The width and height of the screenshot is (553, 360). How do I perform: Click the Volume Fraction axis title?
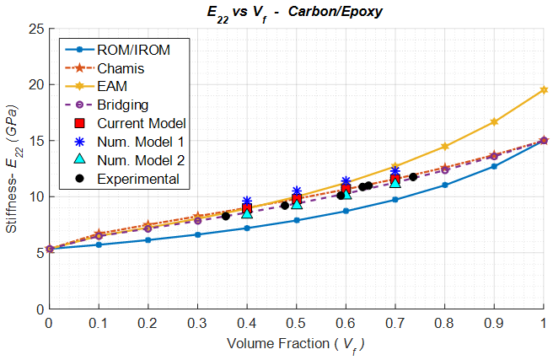click(x=296, y=344)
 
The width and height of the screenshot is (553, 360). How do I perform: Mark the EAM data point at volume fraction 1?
click(x=544, y=89)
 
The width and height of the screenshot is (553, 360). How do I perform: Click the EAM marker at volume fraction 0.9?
click(x=494, y=122)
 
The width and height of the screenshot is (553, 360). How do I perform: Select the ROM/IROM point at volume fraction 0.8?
click(x=445, y=185)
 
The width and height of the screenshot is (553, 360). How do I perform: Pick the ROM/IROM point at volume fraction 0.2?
click(x=148, y=240)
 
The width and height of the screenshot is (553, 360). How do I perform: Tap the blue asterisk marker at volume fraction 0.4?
click(x=247, y=201)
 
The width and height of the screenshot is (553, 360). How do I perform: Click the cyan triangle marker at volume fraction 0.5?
click(x=297, y=203)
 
